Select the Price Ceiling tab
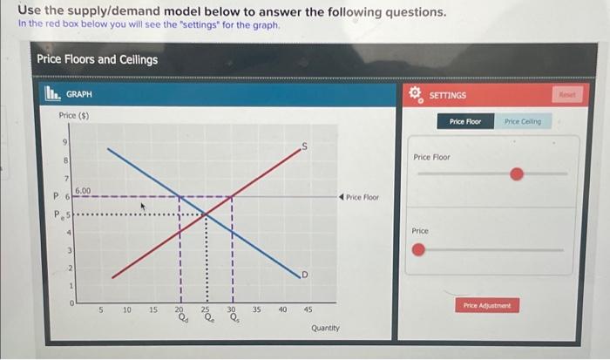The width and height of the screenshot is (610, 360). [x=522, y=121]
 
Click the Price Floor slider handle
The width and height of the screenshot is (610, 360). [x=516, y=174]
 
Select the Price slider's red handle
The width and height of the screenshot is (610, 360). [x=420, y=251]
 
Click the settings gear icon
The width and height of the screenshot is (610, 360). [x=416, y=94]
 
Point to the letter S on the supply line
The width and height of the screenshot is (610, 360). [x=303, y=146]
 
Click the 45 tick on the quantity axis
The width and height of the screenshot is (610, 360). [x=308, y=309]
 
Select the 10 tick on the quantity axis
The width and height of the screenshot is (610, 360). [x=126, y=309]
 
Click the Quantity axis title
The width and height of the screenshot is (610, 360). [x=325, y=328]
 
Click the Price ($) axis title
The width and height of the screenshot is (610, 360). [x=73, y=115]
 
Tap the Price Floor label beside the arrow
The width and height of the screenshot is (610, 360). [x=362, y=197]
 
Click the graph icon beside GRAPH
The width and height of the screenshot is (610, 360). [x=51, y=94]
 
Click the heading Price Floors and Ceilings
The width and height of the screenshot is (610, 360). [x=97, y=59]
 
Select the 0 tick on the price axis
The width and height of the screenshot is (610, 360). [x=73, y=302]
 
